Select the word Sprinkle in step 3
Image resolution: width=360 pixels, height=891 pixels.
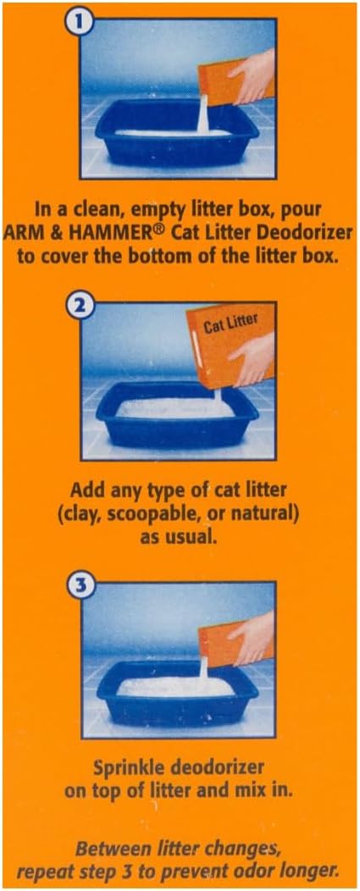122,769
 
